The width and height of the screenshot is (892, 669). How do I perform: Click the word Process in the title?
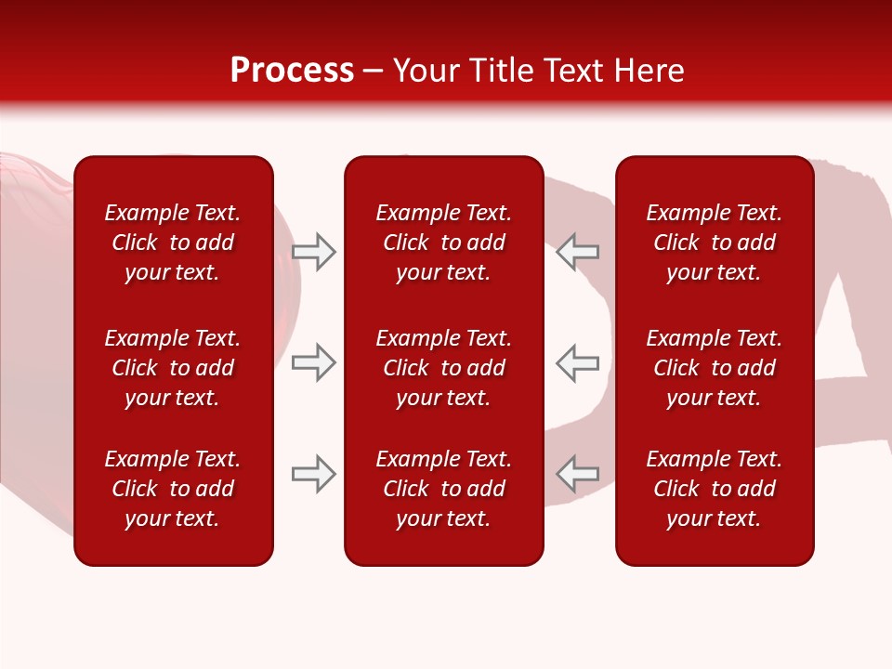coord(292,71)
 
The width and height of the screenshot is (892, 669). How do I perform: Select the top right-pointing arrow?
coord(314,252)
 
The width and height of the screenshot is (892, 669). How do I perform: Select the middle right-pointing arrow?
coord(314,362)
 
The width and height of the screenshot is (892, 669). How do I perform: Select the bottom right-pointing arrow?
coord(314,474)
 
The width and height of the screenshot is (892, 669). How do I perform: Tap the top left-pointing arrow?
coord(577,252)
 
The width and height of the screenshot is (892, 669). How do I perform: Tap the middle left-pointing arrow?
coord(577,362)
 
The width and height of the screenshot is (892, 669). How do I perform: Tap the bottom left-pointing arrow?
coord(577,474)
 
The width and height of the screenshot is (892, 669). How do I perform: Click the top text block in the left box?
coord(173,243)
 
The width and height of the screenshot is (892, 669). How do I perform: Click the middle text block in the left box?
coord(173,368)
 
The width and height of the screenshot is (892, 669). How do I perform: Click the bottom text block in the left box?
coord(173,489)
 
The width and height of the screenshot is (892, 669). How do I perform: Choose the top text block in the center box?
coord(443,243)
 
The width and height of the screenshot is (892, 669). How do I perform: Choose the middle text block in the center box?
coord(443,368)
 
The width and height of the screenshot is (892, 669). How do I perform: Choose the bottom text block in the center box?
coord(443,489)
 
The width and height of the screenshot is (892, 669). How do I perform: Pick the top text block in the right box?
coord(715,243)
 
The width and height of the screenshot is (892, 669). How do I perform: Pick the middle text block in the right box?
coord(715,368)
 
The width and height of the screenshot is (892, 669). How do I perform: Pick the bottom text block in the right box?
coord(715,489)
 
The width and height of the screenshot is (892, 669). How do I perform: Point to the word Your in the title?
coord(426,71)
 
